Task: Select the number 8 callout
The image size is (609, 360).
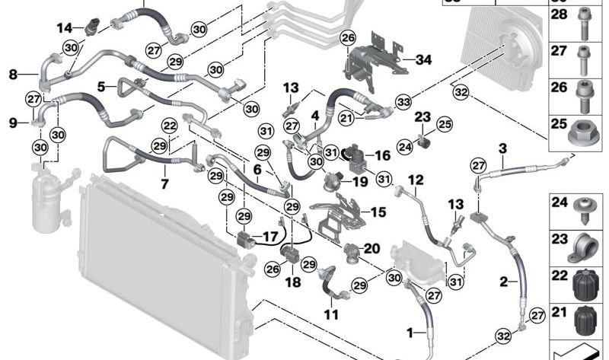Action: click(13, 74)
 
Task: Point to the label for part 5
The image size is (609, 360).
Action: click(102, 87)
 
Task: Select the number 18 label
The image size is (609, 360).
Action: click(293, 281)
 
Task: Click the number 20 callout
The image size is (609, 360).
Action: click(371, 247)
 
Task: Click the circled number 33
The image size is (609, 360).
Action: click(402, 101)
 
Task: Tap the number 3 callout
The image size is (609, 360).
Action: click(502, 146)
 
